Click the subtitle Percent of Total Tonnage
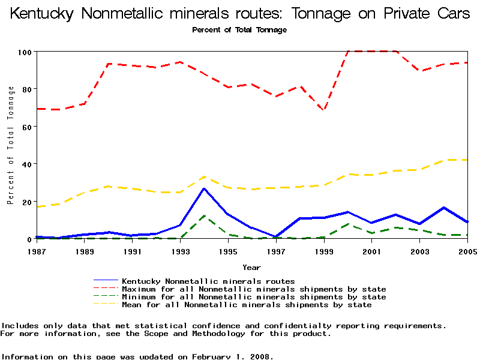click(x=239, y=30)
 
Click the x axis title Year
click(x=251, y=267)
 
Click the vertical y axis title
click(x=11, y=145)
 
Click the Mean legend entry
click(x=247, y=305)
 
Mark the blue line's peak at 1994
click(x=204, y=188)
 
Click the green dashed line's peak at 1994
click(x=204, y=215)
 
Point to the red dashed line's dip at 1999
click(x=324, y=110)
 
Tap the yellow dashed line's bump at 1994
click(x=204, y=176)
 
